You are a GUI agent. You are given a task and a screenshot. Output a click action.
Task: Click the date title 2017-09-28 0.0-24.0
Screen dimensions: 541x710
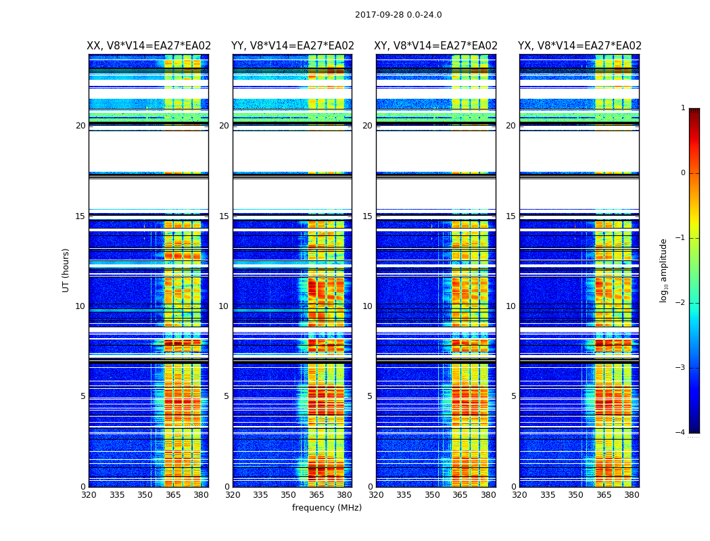coord(398,15)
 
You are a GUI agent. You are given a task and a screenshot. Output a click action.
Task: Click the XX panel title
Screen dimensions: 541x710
coord(149,46)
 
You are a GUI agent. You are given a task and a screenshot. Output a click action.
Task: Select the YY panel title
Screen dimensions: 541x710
coord(293,46)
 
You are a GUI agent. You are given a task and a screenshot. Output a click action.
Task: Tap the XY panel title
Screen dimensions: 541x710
coord(436,46)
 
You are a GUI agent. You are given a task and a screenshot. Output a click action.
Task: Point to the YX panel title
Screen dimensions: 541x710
coord(579,46)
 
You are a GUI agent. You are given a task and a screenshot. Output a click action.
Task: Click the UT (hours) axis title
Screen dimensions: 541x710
coord(66,270)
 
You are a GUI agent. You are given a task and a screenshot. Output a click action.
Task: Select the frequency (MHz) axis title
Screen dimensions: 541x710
coord(327,508)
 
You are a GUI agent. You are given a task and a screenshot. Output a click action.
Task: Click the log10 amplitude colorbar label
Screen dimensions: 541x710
coord(664,270)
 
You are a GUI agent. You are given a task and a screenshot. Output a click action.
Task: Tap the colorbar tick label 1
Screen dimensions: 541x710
coord(683,108)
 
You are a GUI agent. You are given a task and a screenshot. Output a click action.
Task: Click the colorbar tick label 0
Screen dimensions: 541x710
coord(683,173)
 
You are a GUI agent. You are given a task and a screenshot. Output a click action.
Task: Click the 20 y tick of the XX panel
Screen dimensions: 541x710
coord(80,126)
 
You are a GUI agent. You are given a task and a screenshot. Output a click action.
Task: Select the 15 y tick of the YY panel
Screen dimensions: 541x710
coord(224,216)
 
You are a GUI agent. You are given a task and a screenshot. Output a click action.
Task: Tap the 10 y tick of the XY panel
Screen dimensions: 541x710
coord(367,306)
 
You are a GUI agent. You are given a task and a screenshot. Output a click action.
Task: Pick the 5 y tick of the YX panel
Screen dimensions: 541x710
coord(513,396)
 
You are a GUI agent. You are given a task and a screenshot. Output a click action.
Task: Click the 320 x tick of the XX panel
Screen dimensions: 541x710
coord(89,495)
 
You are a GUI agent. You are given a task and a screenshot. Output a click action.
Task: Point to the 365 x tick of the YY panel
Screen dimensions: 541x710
coord(316,495)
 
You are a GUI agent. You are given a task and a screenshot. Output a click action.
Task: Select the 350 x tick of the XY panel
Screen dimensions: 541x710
coord(432,495)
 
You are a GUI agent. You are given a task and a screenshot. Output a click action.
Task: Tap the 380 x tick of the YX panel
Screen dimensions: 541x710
coord(632,495)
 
